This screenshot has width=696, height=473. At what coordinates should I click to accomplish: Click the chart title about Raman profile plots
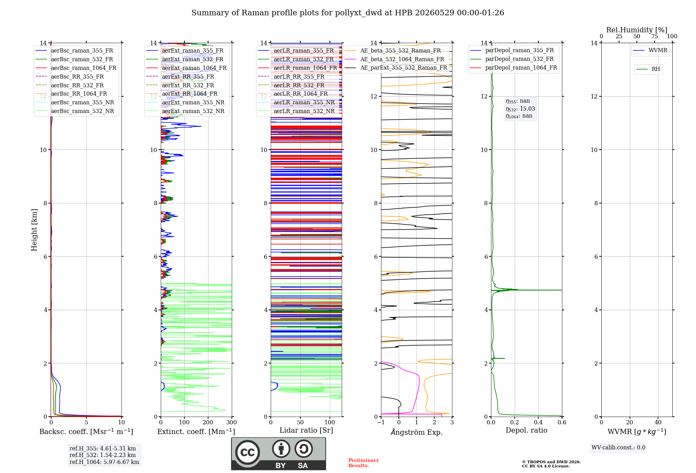[348, 13]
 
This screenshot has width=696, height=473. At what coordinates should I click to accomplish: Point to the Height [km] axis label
[34, 230]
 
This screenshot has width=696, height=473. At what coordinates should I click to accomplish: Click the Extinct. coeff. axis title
[196, 432]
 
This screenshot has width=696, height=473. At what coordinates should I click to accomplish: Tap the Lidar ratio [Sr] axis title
[306, 430]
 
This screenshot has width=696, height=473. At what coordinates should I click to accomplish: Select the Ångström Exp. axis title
[417, 432]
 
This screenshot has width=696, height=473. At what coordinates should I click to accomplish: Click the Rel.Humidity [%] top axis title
[637, 30]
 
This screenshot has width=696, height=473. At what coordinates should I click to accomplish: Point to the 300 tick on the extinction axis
[231, 422]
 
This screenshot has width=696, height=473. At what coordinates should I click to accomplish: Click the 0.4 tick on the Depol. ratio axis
[538, 422]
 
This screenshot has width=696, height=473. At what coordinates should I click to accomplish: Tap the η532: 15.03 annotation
[520, 109]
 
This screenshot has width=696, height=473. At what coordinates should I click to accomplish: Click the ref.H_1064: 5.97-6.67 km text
[104, 462]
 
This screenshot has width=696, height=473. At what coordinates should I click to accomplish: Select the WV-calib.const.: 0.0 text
[618, 448]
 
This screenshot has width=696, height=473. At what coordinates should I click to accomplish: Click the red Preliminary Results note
[364, 463]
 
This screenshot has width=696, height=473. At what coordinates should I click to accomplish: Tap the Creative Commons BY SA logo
[278, 454]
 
